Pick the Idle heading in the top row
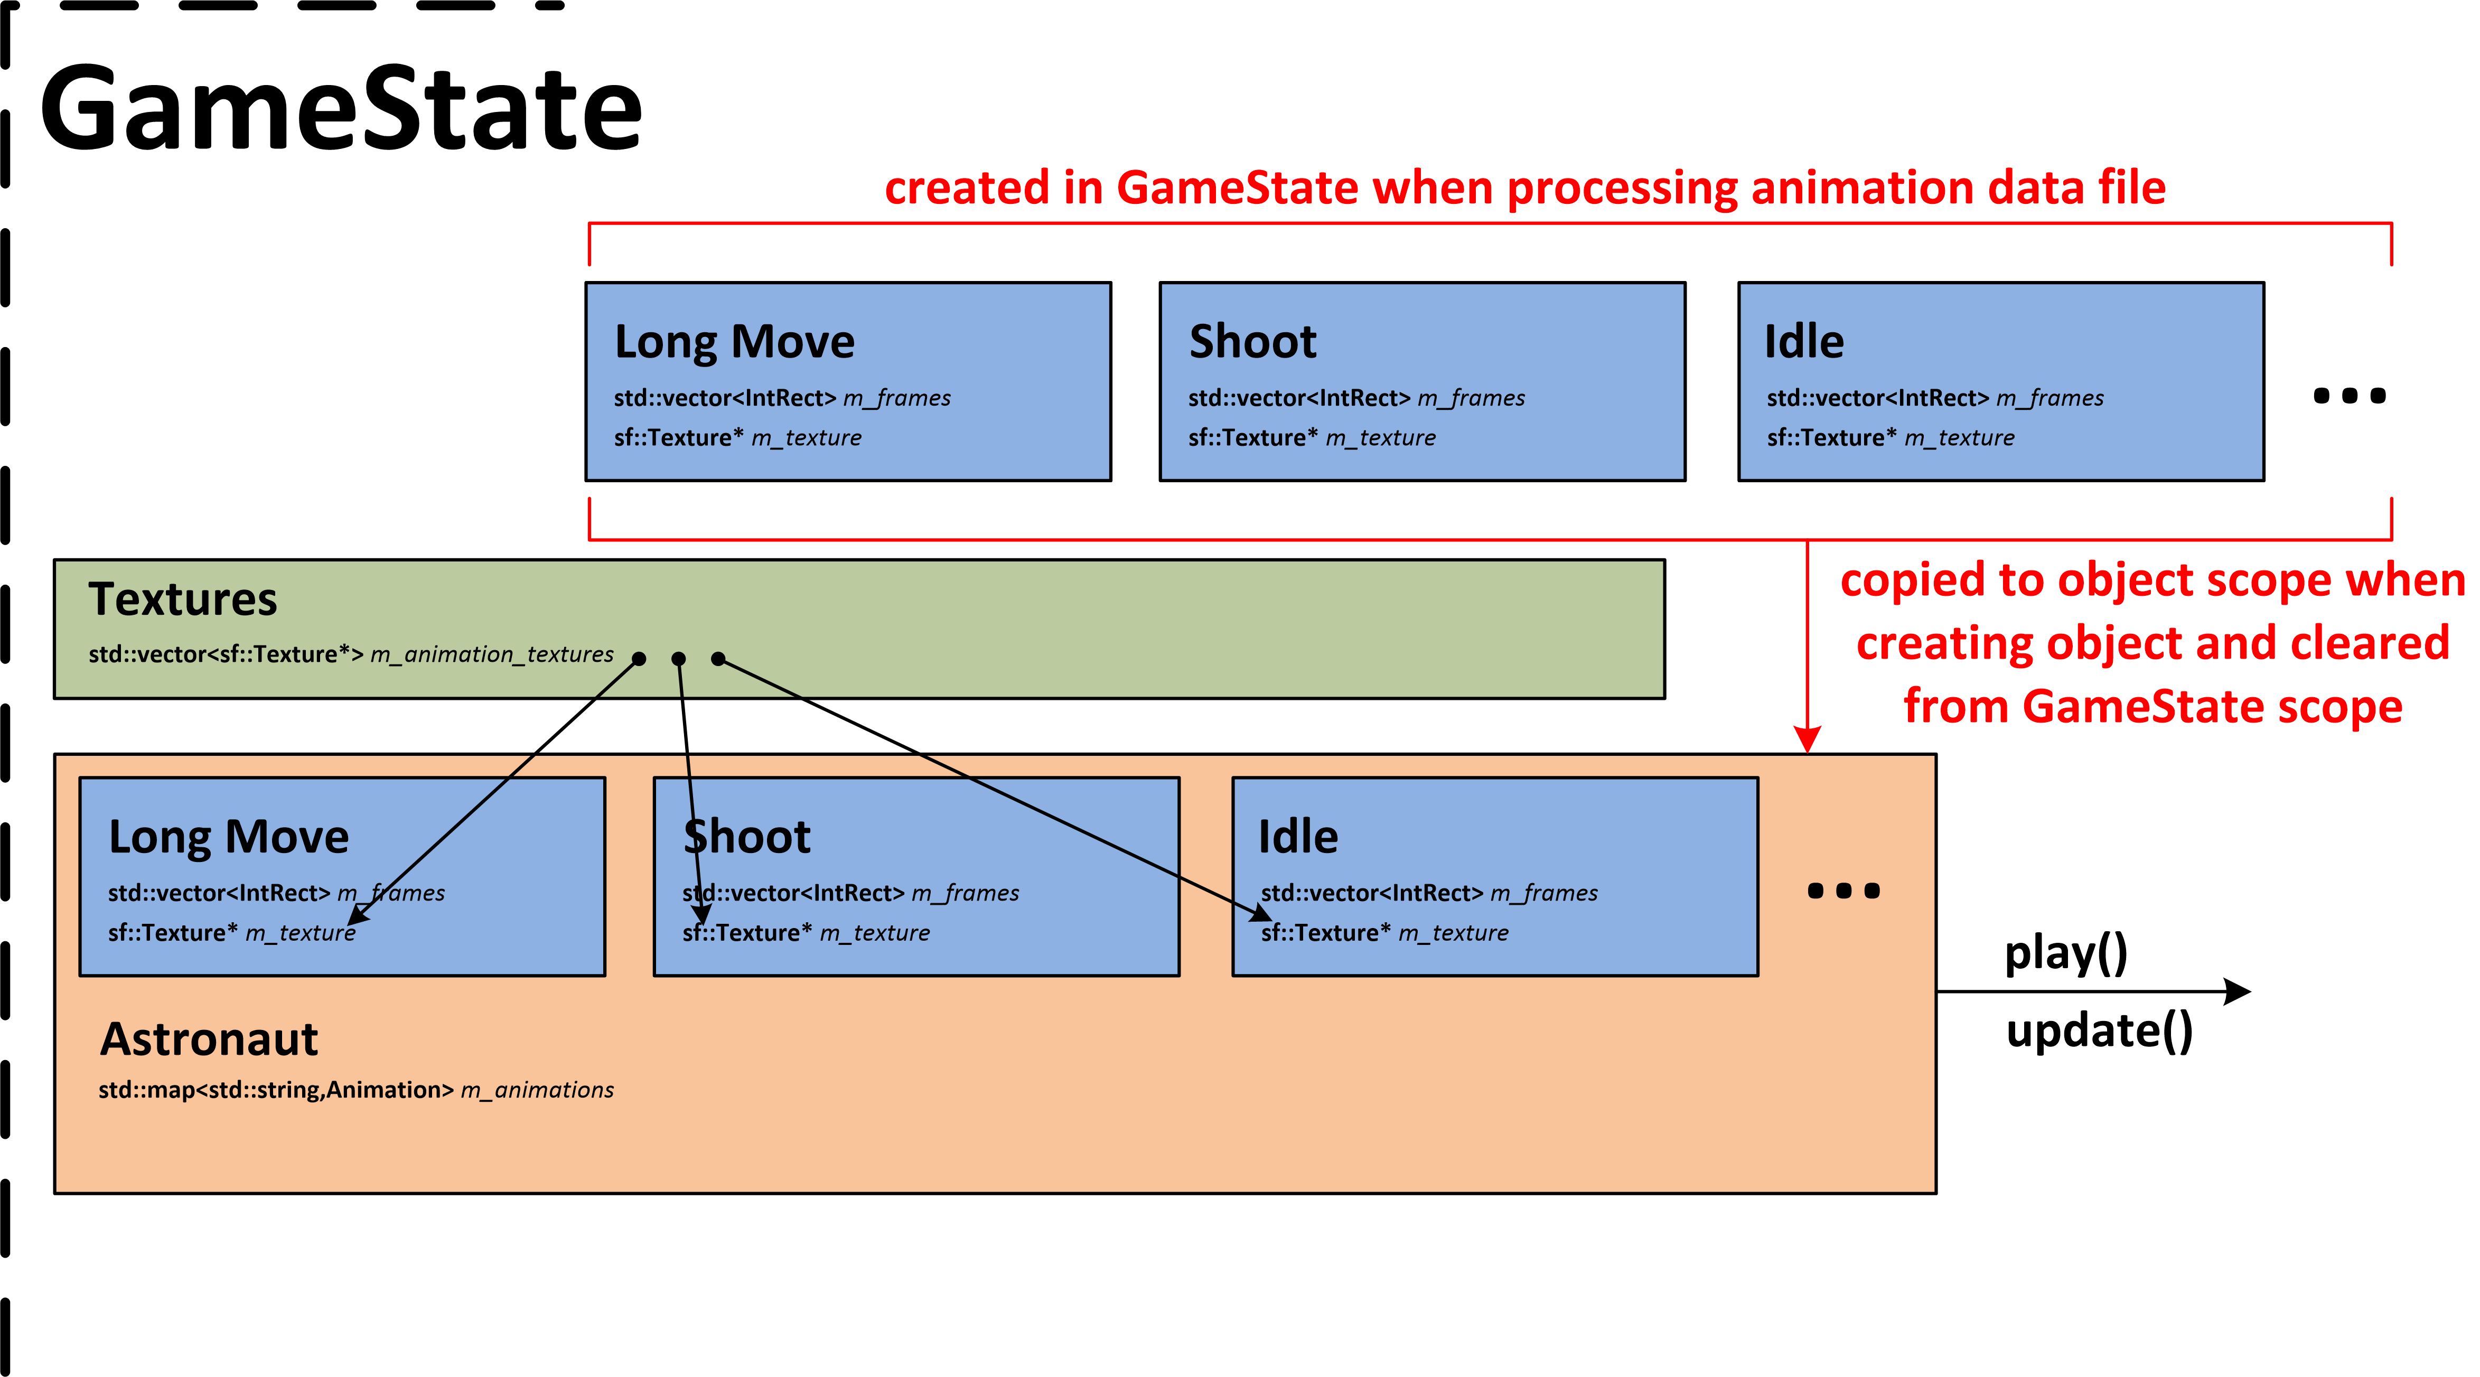point(1803,342)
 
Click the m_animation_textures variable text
point(491,655)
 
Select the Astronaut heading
point(209,1039)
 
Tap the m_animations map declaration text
point(355,1090)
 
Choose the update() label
point(2099,1032)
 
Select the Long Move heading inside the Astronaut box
point(228,837)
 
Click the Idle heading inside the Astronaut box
point(1298,837)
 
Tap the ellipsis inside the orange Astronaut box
point(1842,891)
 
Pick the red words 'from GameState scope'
point(2153,707)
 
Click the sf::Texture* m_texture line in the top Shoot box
point(1311,438)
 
